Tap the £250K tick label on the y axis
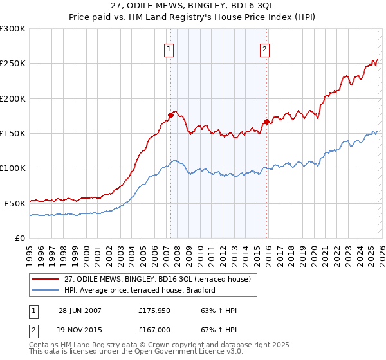pyautogui.click(x=13, y=64)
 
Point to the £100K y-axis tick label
pyautogui.click(x=13, y=168)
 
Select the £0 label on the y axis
pyautogui.click(x=20, y=237)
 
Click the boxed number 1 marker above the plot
pyautogui.click(x=169, y=48)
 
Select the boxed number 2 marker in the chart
pyautogui.click(x=265, y=48)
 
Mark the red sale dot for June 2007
pyautogui.click(x=170, y=116)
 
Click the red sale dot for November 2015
pyautogui.click(x=266, y=122)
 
